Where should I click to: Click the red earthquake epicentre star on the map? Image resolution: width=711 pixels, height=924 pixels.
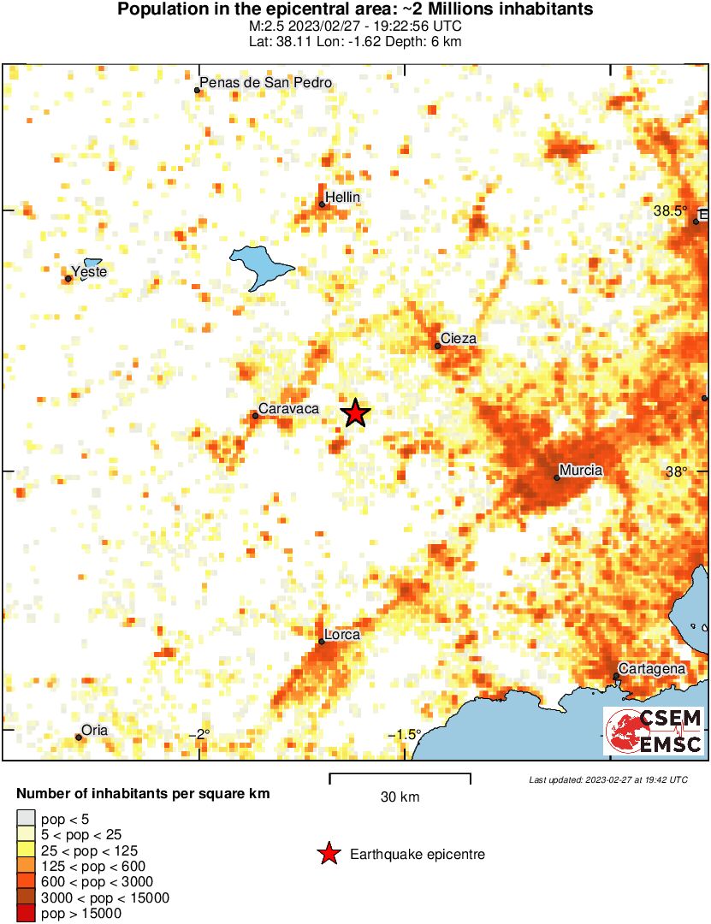(355, 414)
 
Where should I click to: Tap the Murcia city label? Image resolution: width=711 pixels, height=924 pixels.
(580, 470)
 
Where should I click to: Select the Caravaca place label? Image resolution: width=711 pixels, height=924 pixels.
(289, 409)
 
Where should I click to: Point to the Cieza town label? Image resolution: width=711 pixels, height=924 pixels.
(458, 339)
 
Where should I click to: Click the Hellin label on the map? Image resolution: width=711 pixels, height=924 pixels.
(343, 198)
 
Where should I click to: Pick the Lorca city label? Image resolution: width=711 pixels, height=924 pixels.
(342, 635)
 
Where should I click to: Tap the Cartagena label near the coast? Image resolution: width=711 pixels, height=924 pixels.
(652, 668)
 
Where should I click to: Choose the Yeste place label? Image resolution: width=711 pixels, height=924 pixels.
(90, 272)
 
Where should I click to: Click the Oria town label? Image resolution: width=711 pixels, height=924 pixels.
(94, 730)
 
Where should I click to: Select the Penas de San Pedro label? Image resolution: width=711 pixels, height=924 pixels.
(265, 83)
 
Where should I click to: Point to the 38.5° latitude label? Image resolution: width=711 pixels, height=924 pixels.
(670, 210)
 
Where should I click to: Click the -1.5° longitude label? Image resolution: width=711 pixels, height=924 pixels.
(407, 735)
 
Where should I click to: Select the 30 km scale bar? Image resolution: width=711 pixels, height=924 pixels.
(400, 777)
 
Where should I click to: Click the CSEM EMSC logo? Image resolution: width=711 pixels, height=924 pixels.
(654, 731)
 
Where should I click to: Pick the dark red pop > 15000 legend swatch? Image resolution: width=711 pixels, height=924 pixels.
(27, 914)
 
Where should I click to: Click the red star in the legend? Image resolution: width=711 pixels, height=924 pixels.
(327, 854)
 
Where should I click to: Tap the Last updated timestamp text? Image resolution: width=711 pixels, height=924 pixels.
(608, 779)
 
